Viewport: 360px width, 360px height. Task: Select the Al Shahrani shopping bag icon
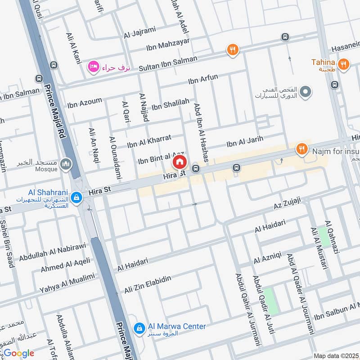76,197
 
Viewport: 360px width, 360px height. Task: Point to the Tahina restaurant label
324,62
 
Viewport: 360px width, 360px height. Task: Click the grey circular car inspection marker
306,92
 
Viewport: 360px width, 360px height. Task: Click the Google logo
18,353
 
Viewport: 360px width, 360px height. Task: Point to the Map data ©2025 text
335,356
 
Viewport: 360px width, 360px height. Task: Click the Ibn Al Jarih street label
244,141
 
